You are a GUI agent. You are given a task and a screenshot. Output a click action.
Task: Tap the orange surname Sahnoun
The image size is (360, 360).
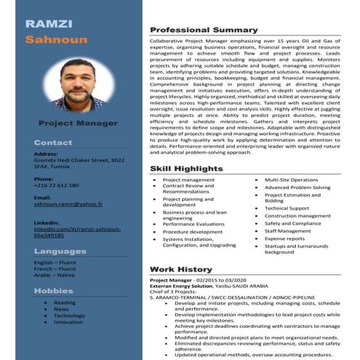[x=56, y=40]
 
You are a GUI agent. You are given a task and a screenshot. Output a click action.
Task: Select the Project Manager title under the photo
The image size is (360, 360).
[x=77, y=123]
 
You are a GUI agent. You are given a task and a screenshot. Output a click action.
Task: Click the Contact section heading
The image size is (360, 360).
[x=53, y=143]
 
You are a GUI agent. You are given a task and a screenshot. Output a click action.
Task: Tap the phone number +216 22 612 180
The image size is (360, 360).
[x=56, y=185]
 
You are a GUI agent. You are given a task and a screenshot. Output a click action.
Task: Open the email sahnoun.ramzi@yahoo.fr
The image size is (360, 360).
[x=68, y=204]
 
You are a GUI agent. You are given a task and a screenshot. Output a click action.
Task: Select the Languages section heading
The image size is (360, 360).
[x=60, y=252]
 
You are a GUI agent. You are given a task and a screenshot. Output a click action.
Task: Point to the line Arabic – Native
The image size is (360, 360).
[x=55, y=275]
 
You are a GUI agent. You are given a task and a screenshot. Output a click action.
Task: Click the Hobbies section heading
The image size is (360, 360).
[x=54, y=290]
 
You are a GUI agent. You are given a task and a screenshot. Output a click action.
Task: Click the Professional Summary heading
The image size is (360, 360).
[x=204, y=30]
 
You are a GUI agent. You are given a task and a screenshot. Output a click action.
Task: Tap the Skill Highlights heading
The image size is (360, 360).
[x=186, y=168]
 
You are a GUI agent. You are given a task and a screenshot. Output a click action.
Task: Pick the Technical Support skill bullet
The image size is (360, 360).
[x=287, y=208]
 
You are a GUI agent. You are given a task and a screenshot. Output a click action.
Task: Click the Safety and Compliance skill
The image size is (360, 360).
[x=292, y=223]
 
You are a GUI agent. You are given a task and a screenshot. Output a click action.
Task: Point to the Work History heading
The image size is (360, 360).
[x=180, y=269]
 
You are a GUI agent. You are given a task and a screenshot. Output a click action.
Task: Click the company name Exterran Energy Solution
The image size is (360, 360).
[x=183, y=287]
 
